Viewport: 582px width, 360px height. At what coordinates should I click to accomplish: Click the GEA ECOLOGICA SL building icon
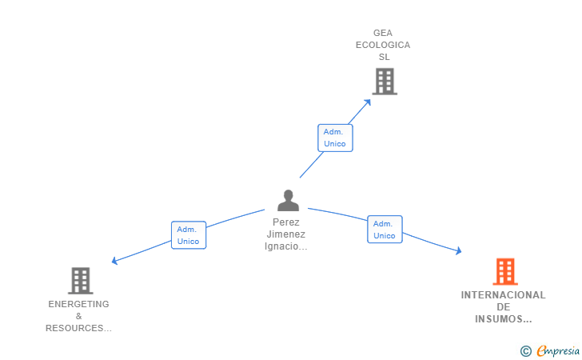[385, 81]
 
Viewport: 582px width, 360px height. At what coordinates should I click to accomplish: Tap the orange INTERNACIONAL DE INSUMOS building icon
[505, 272]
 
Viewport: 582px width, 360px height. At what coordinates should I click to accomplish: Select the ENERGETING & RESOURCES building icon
[81, 281]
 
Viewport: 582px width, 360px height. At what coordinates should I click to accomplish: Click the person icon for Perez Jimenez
[288, 200]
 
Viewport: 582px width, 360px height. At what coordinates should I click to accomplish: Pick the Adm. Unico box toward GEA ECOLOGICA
[335, 138]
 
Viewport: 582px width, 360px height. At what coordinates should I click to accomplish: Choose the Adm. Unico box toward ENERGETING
[189, 235]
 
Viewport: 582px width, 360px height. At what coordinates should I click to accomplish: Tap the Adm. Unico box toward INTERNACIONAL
[385, 230]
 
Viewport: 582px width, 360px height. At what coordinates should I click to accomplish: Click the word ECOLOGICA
[383, 45]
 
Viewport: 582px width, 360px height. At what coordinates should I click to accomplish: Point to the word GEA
[383, 33]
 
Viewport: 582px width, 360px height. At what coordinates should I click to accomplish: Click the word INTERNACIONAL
[503, 295]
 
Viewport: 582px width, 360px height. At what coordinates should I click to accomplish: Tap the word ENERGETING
[78, 304]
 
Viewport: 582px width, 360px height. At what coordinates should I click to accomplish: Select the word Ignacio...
[283, 246]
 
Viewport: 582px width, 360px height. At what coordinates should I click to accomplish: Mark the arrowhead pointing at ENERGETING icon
[115, 261]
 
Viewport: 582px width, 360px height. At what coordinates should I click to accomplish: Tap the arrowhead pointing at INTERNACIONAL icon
[458, 251]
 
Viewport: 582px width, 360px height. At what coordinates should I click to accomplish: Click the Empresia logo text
[559, 350]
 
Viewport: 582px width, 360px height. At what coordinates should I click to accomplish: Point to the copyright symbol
[526, 350]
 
